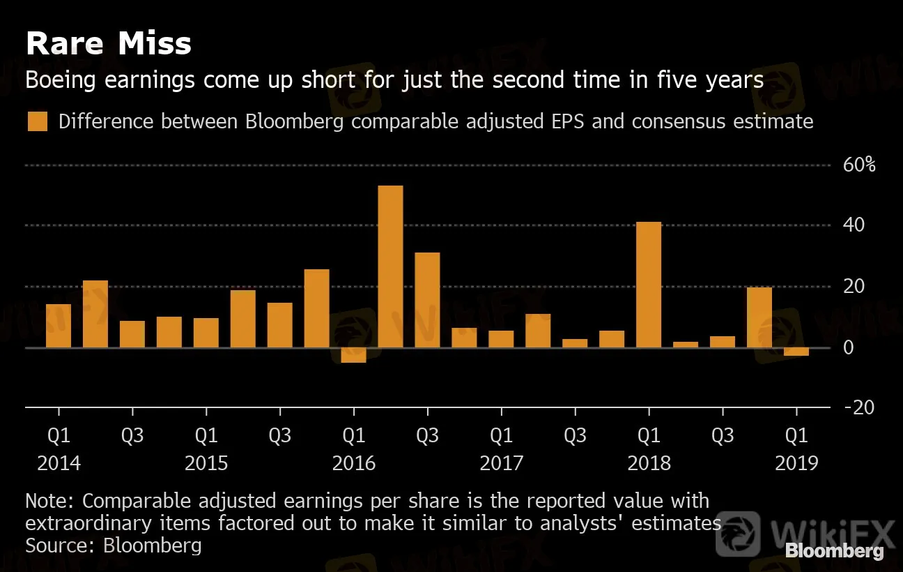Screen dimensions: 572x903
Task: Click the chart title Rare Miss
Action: [108, 44]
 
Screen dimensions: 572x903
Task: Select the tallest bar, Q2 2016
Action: [390, 266]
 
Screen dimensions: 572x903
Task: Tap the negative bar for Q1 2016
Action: [353, 355]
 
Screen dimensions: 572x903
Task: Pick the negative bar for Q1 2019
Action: [796, 352]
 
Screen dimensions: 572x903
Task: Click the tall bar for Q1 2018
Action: [649, 285]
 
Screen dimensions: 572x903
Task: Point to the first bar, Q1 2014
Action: [59, 326]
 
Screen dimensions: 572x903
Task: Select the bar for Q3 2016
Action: [427, 299]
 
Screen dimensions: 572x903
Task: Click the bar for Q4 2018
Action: [759, 317]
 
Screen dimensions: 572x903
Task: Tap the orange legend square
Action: [37, 121]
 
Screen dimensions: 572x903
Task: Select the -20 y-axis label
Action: [858, 407]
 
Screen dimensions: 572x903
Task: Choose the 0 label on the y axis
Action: [848, 347]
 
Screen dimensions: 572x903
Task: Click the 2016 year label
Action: [354, 463]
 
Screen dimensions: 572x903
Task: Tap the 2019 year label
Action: [796, 463]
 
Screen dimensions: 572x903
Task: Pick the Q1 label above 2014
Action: [59, 436]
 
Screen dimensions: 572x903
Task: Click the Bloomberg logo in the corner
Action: [834, 551]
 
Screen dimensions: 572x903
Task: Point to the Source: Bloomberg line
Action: [114, 545]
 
